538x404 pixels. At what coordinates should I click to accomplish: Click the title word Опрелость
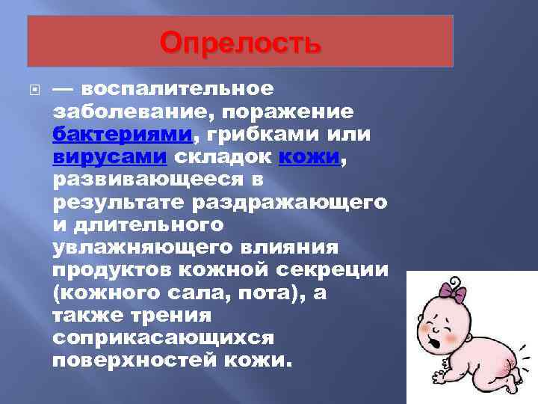click(x=241, y=43)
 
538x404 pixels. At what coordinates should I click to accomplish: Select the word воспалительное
click(x=178, y=88)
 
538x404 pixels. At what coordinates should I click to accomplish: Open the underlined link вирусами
click(x=110, y=157)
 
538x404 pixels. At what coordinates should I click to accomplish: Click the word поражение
click(x=292, y=111)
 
